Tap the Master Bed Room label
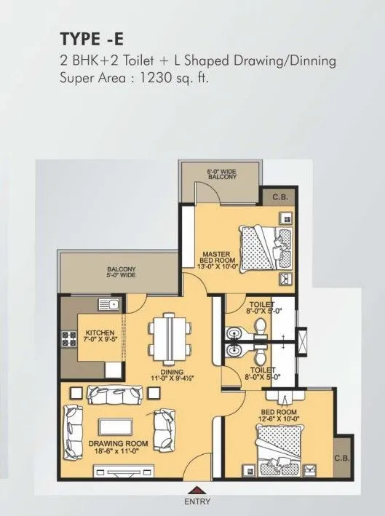pos(217,259)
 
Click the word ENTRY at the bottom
pos(196,502)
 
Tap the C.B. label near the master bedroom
pos(280,197)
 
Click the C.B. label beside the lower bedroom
pos(341,459)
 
